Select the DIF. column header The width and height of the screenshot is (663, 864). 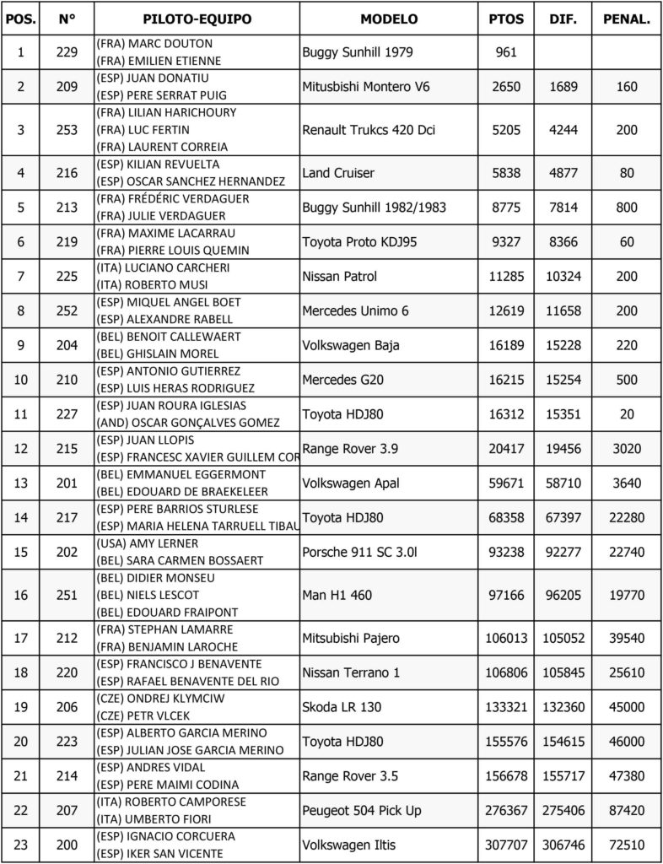(x=563, y=19)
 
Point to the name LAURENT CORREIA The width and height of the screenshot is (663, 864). (x=168, y=147)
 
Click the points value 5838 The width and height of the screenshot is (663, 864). (x=506, y=173)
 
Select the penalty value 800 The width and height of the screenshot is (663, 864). (x=627, y=208)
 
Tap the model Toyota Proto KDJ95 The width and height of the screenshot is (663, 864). (x=359, y=242)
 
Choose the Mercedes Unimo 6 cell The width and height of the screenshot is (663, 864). (x=356, y=311)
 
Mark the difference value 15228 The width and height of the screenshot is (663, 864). (x=563, y=346)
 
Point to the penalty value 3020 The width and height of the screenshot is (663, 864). (x=627, y=449)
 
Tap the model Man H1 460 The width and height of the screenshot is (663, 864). (x=337, y=596)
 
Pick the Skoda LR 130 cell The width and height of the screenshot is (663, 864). (x=342, y=707)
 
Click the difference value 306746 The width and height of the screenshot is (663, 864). (x=563, y=845)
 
